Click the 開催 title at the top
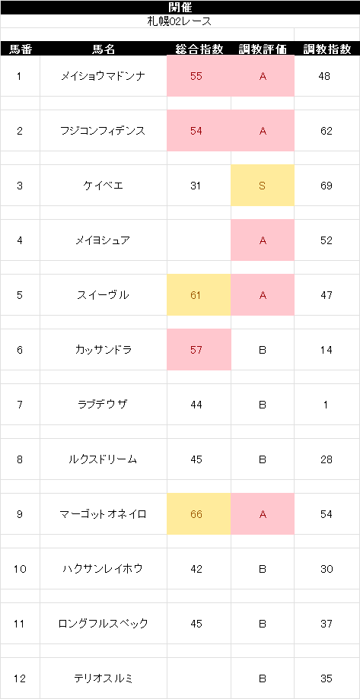click(180, 7)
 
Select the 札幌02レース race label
click(180, 21)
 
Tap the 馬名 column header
click(104, 49)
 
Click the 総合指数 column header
click(199, 49)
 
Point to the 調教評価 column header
click(263, 49)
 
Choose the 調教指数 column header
click(327, 49)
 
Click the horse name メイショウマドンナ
click(103, 76)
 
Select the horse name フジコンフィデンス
click(103, 131)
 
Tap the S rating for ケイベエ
click(263, 186)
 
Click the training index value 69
click(326, 186)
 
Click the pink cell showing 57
click(199, 350)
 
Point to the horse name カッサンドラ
click(103, 350)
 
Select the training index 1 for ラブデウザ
click(326, 405)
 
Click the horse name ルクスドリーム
click(103, 459)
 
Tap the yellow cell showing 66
click(199, 514)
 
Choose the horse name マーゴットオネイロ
click(103, 514)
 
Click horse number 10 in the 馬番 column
click(20, 569)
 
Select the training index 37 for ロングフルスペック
click(326, 624)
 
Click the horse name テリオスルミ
click(103, 679)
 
